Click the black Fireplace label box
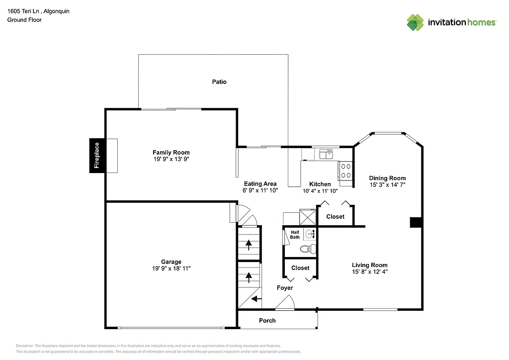tap(96, 155)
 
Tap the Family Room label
tap(171, 153)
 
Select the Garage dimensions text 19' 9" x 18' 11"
tap(171, 269)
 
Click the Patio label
tap(219, 82)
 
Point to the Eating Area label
tap(260, 184)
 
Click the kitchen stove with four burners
tap(345, 171)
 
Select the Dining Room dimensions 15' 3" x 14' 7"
tap(387, 185)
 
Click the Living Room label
tap(370, 265)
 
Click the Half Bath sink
tap(310, 234)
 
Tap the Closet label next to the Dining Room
tap(335, 217)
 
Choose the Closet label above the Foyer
tap(300, 268)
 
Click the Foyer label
tap(285, 288)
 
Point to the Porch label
tap(267, 321)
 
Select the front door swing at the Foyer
tap(285, 303)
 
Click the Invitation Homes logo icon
tap(416, 22)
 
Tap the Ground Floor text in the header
tap(24, 20)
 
